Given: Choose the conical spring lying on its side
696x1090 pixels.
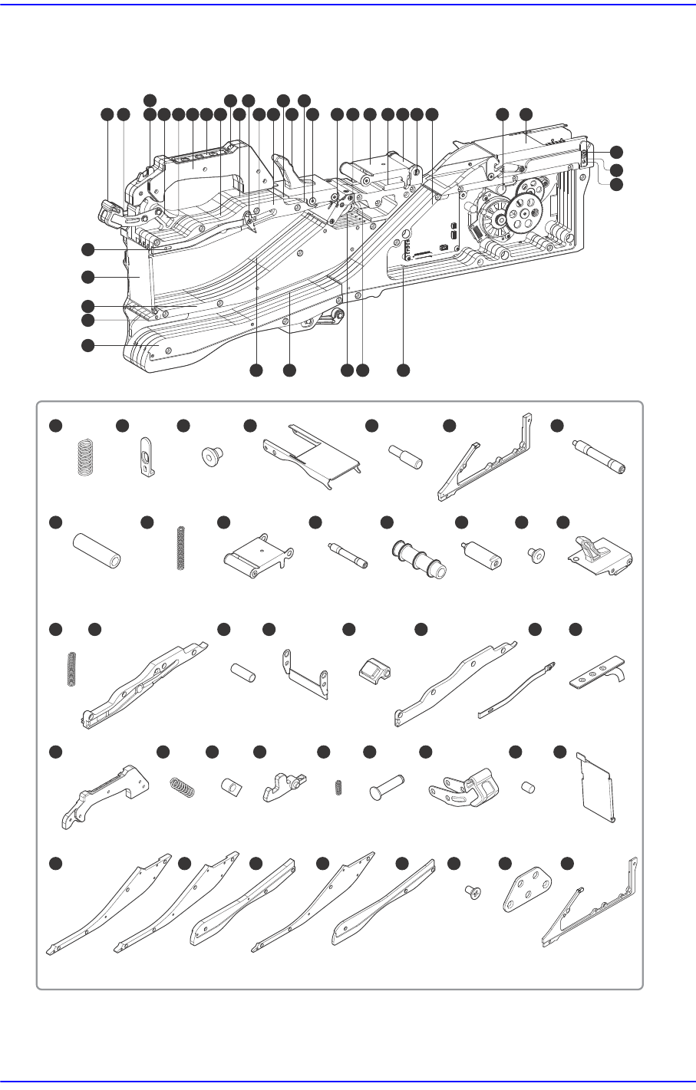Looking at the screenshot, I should [x=182, y=785].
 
